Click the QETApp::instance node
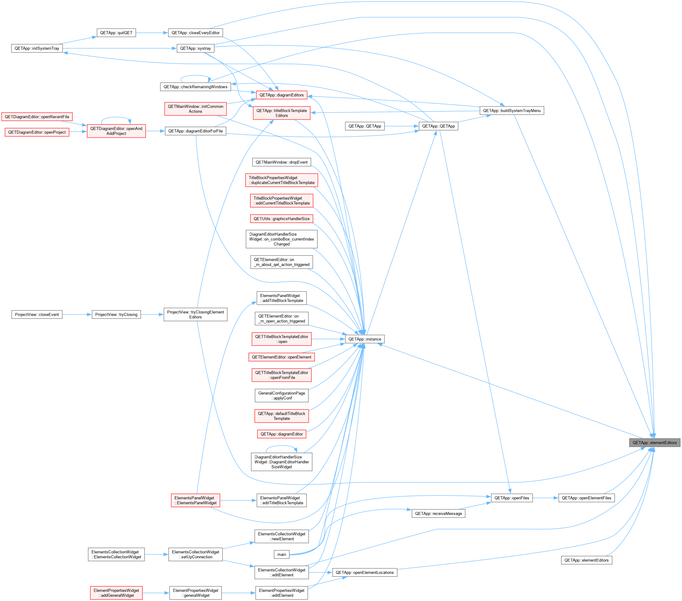365,339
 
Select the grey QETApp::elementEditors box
654,443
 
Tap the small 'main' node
282,554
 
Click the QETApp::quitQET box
116,33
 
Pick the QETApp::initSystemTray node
37,48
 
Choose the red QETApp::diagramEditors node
282,95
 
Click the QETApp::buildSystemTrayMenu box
512,110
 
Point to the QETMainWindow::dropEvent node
282,162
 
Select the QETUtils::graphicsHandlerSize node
282,219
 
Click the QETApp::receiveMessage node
438,513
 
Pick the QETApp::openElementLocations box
365,572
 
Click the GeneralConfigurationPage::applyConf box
282,396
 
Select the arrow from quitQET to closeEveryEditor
152,33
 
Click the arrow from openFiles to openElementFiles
546,498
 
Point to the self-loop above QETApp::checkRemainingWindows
195,76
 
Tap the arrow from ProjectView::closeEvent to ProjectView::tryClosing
77,314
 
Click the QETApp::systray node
195,48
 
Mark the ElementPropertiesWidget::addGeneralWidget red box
116,593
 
